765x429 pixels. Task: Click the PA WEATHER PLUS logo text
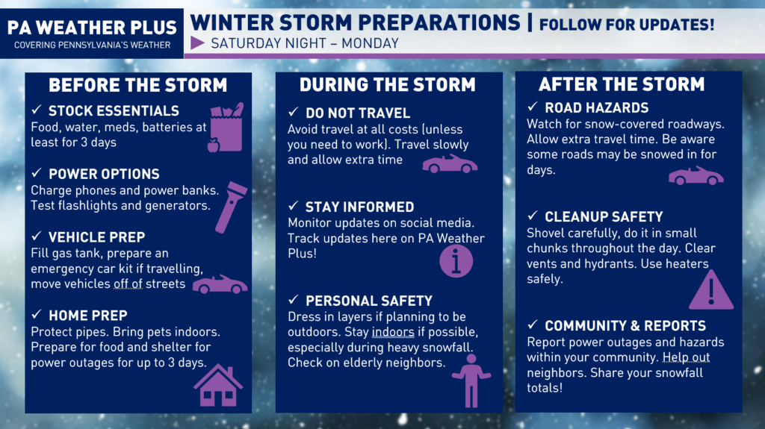point(92,28)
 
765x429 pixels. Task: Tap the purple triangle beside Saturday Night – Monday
point(197,43)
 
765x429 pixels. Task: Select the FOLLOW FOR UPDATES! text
point(627,25)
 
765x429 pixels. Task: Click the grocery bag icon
point(226,128)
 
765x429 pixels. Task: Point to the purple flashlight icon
point(231,207)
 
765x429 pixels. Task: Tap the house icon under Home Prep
point(218,386)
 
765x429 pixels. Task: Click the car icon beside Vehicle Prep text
point(220,284)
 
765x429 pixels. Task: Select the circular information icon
point(456,261)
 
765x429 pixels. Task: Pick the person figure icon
point(471,381)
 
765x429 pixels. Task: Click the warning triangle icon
point(711,290)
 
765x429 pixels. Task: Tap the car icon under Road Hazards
point(696,175)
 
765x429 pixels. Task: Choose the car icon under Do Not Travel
point(450,164)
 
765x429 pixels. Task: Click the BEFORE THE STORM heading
point(138,85)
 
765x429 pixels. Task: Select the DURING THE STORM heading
point(388,85)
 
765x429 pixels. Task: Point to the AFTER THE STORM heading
point(622,84)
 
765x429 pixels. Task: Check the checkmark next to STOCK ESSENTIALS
point(37,110)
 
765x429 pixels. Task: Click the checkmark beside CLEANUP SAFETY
point(533,216)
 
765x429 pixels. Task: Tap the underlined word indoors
point(393,332)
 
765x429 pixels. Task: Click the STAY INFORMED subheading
point(359,207)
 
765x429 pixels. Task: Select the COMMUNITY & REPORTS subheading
point(625,325)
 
